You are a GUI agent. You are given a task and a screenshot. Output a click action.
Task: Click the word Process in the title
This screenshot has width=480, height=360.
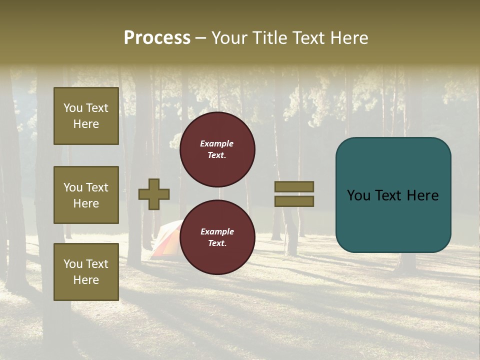(157, 38)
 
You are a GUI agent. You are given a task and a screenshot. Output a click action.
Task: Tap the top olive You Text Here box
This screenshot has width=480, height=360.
(86, 116)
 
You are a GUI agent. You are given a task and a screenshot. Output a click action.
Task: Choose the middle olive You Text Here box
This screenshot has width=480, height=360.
(86, 195)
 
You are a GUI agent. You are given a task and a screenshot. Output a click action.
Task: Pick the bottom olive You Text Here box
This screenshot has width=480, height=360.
(86, 271)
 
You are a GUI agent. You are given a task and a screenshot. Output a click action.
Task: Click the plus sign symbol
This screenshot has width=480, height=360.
(154, 194)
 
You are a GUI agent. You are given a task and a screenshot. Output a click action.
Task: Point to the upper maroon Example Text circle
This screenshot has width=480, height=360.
(217, 149)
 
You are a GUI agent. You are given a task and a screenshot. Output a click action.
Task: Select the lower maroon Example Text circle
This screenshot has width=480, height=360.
(217, 237)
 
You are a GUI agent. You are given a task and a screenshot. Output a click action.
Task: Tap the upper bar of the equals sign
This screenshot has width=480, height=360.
(294, 186)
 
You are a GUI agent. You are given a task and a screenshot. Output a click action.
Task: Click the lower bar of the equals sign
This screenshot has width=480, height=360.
(294, 201)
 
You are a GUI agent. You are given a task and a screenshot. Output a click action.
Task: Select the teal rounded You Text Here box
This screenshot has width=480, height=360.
(393, 194)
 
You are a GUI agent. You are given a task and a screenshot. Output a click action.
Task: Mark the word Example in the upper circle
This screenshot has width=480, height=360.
(216, 143)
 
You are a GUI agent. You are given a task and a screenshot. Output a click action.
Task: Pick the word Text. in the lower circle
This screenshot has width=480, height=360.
(217, 243)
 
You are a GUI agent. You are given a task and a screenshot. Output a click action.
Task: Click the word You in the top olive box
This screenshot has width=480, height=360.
(72, 108)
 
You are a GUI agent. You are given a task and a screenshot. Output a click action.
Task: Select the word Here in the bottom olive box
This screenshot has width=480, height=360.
(86, 280)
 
